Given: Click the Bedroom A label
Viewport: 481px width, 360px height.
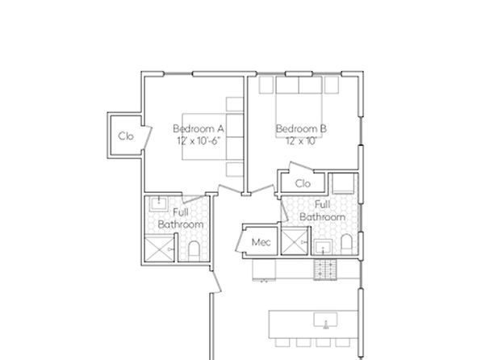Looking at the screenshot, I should pos(198,128).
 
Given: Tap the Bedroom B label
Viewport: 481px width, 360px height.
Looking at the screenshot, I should pos(301,128).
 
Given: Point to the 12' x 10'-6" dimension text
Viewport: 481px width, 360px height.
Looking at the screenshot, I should pos(198,140).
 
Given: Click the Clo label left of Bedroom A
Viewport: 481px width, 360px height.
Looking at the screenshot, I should pos(125,136).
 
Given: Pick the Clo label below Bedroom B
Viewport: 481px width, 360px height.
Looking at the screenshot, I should pos(303,183).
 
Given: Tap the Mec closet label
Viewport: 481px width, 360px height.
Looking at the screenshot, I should pos(261,242).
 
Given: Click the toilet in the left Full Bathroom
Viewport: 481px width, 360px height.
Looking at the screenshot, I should pos(194,248).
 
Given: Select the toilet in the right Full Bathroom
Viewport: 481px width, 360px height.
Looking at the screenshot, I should pos(346,244).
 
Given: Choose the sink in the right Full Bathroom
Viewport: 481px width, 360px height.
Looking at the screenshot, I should pos(323,245).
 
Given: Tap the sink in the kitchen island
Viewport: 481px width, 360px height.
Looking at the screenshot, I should pos(326,320).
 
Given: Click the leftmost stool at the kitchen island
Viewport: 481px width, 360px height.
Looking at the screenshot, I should pos(280,342).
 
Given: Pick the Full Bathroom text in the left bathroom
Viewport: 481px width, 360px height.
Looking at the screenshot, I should pos(180,218).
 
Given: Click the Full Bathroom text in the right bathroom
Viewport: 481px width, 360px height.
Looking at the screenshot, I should pos(323,211).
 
